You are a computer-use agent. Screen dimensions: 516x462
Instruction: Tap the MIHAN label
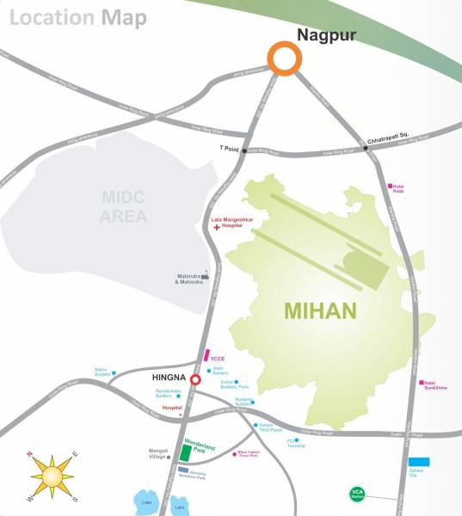click(320, 310)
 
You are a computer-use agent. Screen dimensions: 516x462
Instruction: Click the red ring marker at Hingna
click(195, 379)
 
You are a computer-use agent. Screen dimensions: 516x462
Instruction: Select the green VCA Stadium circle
click(357, 494)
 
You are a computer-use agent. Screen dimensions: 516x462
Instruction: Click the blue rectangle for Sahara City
click(419, 462)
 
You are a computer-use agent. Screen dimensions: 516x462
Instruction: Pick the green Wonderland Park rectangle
click(186, 453)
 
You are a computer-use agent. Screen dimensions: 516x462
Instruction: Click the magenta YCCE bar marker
click(206, 354)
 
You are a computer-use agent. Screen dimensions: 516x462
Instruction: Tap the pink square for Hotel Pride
click(390, 185)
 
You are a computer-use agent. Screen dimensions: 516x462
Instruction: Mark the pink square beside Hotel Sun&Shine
click(422, 383)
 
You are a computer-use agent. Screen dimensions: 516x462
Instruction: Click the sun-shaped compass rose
click(52, 476)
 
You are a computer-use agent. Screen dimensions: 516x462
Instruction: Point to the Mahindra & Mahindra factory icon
click(205, 276)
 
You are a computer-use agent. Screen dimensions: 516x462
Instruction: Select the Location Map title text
click(78, 17)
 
